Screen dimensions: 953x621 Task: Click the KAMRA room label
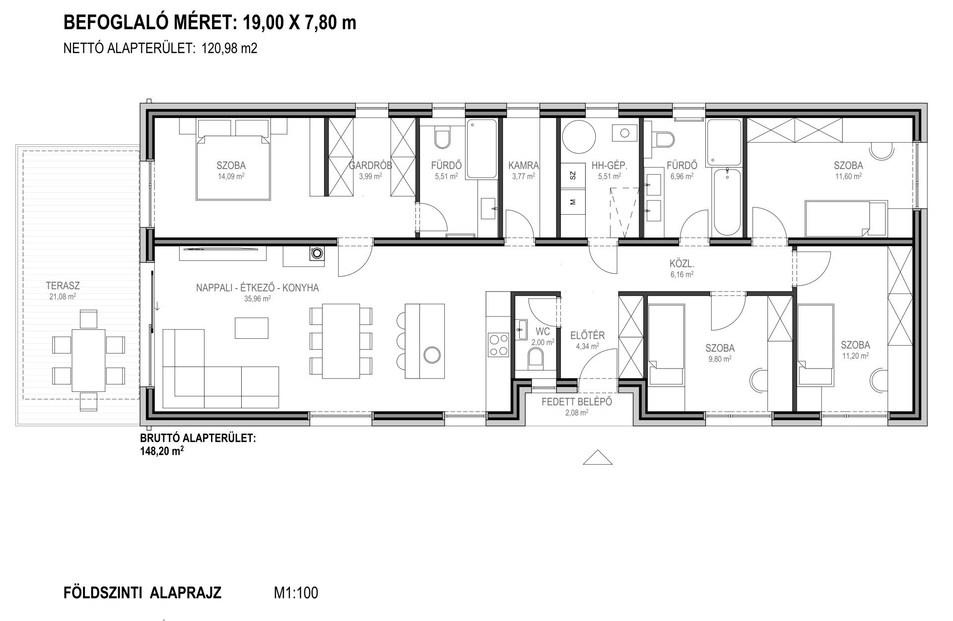tap(524, 166)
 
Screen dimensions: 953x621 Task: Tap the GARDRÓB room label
tap(370, 166)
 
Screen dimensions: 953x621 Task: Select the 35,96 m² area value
tap(257, 299)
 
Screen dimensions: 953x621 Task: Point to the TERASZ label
tap(63, 286)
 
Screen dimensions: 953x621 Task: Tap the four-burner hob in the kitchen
tap(499, 345)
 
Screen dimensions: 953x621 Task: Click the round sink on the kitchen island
tap(432, 354)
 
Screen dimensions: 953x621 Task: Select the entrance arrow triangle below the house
tap(598, 457)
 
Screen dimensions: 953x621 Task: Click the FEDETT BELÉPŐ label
tap(577, 402)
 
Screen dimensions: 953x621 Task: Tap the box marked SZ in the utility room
tap(573, 175)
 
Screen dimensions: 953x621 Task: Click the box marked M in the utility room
tap(573, 201)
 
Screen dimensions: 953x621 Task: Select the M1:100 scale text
tap(296, 593)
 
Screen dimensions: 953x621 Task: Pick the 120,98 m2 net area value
tap(229, 48)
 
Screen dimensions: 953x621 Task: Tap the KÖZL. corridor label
tap(681, 264)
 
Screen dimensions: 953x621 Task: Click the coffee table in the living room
tap(252, 328)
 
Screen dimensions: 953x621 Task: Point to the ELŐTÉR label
tap(588, 336)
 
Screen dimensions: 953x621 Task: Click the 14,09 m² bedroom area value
tap(231, 176)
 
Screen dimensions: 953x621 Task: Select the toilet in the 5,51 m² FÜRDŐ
tap(442, 138)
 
